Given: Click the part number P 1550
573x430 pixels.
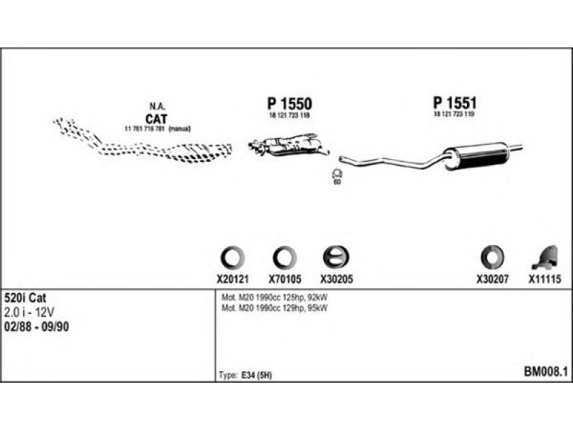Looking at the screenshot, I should (x=289, y=105).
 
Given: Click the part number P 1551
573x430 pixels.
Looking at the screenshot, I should (x=454, y=103).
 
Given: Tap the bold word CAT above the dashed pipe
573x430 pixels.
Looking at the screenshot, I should (x=156, y=118).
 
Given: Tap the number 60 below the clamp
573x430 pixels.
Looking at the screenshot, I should (x=337, y=183).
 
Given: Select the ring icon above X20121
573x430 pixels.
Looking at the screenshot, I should (x=231, y=257).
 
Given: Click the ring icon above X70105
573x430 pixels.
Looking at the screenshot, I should (x=284, y=257).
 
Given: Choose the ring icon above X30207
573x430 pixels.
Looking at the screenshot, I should (x=492, y=257).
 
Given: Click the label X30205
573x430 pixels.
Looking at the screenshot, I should (x=337, y=279).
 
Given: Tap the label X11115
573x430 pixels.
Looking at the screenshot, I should (x=544, y=279).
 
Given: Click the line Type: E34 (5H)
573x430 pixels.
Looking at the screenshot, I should (x=246, y=375).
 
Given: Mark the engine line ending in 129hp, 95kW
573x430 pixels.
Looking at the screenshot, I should (x=276, y=307).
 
